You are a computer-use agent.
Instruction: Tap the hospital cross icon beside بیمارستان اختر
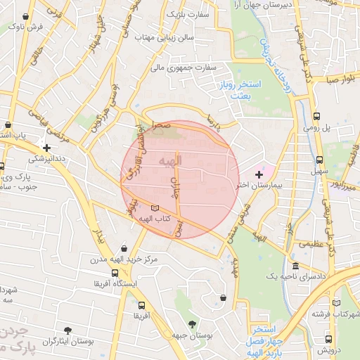pos(259,174)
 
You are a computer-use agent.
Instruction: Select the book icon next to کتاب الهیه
pos(155,208)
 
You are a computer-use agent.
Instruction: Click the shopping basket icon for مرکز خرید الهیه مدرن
pos(124,248)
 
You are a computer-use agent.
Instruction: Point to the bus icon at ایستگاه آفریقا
pos(115,273)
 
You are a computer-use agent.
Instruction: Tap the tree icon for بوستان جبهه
pos(193,323)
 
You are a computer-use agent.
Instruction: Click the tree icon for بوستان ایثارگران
pos(67,330)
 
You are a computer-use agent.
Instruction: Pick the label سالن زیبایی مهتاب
pos(185,36)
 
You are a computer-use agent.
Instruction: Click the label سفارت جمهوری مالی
pos(187,68)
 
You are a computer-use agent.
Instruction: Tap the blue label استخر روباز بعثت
pos(239,89)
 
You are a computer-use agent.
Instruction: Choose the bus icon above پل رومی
pos(317,116)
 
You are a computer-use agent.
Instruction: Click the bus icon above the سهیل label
pos(320,160)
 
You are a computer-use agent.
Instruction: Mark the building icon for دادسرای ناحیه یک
pos(295,267)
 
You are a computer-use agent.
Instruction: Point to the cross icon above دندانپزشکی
pos(46,148)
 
